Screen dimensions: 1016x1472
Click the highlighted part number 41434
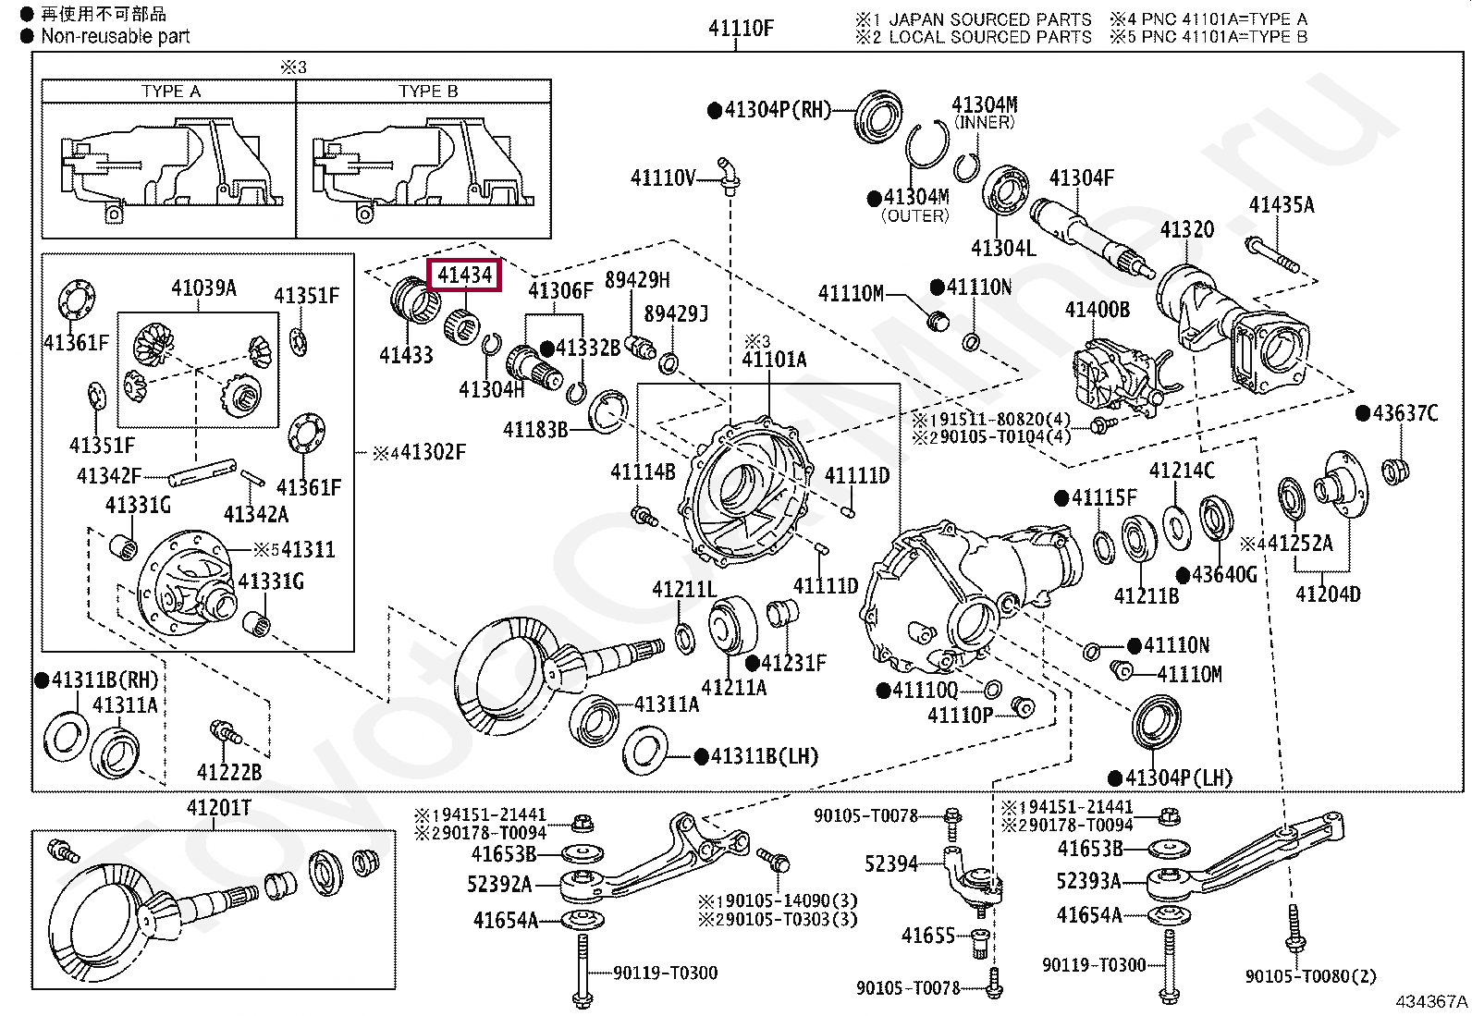point(465,275)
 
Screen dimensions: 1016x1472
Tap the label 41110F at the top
point(740,29)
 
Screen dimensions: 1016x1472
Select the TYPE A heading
point(170,92)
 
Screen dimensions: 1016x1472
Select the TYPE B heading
point(427,92)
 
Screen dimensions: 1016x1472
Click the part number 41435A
point(1281,205)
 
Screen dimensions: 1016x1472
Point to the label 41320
point(1186,229)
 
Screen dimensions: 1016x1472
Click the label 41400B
point(1097,310)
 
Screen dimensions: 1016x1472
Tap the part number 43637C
point(1405,413)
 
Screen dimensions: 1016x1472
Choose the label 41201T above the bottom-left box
point(219,808)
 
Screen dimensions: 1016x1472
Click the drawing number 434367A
point(1430,1001)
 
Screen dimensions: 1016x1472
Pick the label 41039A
point(203,288)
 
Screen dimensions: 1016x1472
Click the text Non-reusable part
point(115,37)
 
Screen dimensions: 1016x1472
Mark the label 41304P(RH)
point(777,110)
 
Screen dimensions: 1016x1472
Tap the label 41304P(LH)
point(1178,778)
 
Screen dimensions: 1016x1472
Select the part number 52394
point(890,864)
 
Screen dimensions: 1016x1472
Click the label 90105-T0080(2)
point(1310,976)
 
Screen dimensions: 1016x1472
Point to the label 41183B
point(534,430)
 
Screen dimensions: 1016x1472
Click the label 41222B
point(228,772)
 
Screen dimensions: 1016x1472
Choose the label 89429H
point(637,280)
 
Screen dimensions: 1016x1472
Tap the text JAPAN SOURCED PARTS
point(989,19)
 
